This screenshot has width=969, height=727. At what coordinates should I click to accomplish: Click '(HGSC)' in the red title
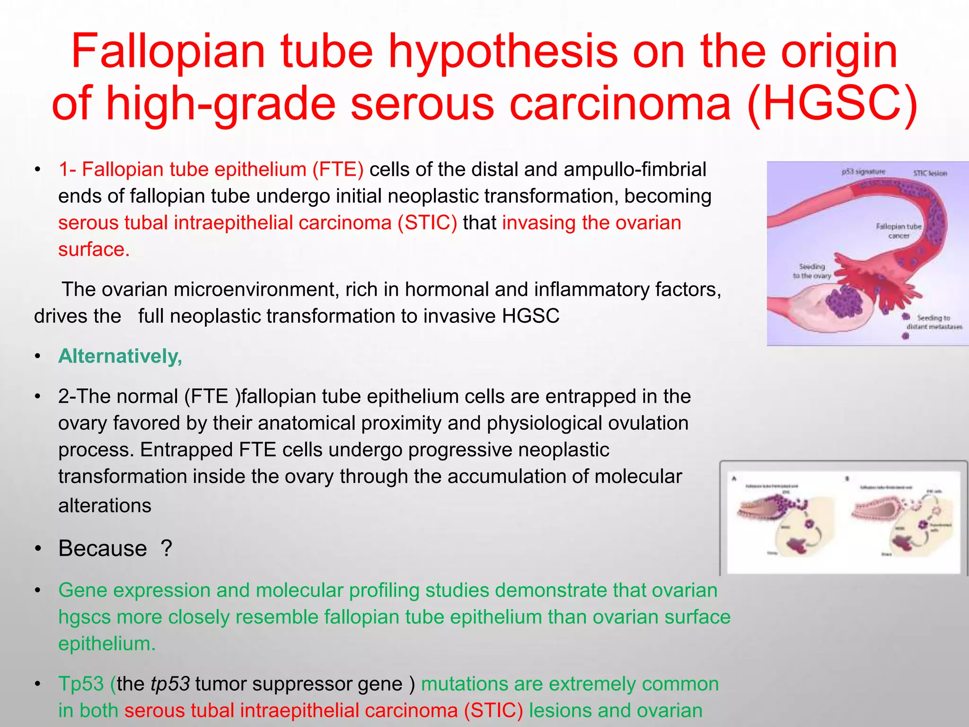click(832, 103)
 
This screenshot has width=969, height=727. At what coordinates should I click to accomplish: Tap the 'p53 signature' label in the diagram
click(863, 172)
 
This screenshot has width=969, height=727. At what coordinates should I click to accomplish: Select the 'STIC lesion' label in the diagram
click(930, 173)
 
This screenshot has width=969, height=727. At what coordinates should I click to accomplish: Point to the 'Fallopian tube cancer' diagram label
click(899, 231)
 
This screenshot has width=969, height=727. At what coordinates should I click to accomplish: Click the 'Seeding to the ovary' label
click(812, 271)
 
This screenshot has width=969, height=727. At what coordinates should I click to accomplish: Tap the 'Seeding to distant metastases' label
click(934, 322)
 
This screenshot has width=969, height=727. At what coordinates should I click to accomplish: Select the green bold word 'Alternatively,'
click(120, 356)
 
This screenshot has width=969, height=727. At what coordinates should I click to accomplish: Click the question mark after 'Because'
click(166, 549)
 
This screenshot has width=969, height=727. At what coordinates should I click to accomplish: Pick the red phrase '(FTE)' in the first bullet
click(338, 169)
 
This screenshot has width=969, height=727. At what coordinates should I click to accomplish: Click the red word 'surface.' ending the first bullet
click(94, 249)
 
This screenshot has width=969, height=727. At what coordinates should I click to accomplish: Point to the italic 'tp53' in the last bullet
click(170, 684)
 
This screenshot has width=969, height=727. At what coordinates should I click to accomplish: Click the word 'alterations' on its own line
click(105, 505)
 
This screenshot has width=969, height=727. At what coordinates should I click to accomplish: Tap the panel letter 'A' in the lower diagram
click(734, 479)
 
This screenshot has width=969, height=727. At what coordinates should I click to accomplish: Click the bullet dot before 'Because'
click(39, 549)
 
